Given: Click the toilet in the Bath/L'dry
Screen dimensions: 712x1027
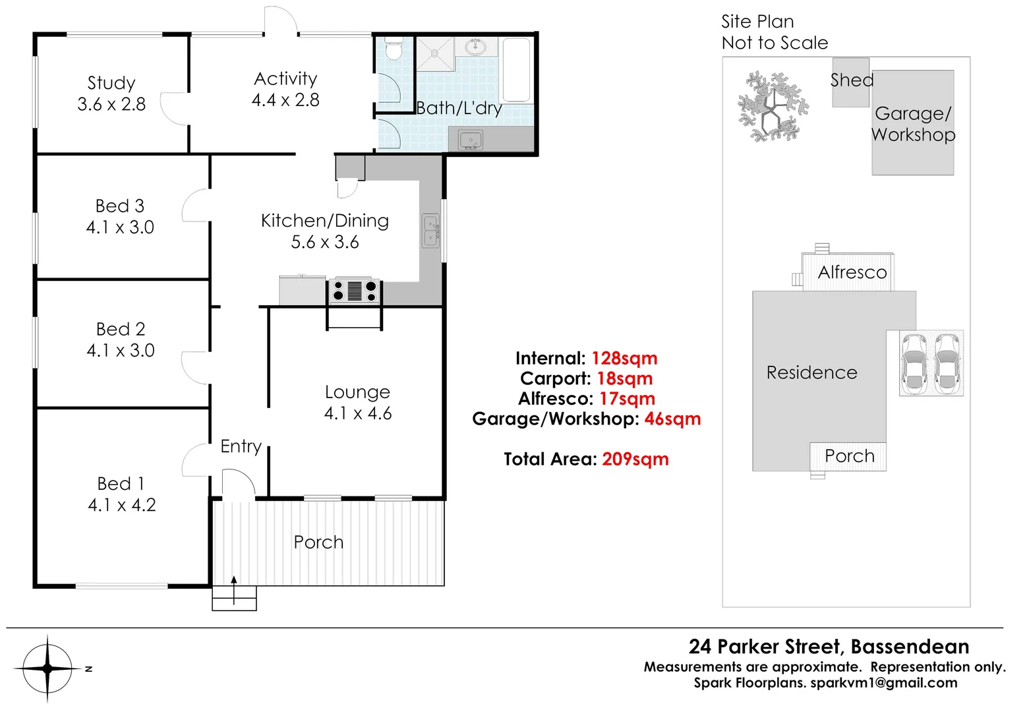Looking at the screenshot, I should [394, 49].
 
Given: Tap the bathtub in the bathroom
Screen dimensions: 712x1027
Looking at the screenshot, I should [517, 70].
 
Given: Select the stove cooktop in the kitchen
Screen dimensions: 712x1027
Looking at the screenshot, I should [355, 291].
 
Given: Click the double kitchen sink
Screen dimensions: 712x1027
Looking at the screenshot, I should [430, 231].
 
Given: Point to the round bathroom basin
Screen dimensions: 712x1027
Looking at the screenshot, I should [475, 47].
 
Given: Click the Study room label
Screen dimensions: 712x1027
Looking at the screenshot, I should [111, 83].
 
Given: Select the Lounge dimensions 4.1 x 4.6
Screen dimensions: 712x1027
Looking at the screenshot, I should [358, 413].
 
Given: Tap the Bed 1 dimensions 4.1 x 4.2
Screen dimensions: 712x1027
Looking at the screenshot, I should [122, 505].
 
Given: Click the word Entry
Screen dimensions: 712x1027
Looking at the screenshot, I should [241, 446].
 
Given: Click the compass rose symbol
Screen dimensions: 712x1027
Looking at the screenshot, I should [47, 668].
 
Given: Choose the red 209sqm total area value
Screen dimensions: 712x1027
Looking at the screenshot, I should [635, 460].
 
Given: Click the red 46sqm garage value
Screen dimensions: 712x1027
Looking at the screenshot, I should [672, 419].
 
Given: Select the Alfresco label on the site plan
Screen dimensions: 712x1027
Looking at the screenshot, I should [852, 272].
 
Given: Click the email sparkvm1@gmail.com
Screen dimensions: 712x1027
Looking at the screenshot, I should [883, 683].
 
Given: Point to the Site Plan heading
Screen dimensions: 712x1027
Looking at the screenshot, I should [757, 22].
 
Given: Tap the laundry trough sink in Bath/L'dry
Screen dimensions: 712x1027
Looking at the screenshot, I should [471, 140].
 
